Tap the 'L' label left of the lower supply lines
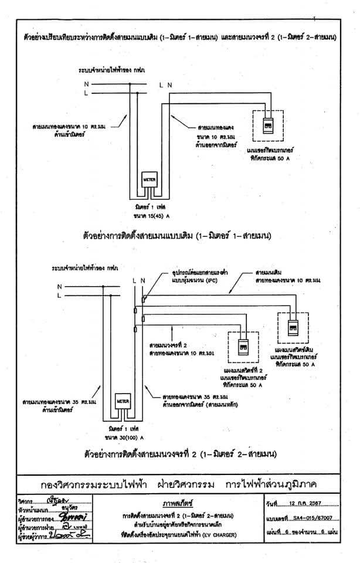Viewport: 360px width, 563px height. [x=59, y=296]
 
